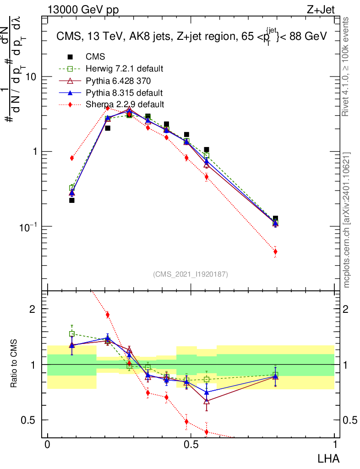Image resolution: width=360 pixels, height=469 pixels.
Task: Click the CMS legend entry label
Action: point(95,57)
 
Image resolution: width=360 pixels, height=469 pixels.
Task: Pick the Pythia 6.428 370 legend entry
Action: point(118,81)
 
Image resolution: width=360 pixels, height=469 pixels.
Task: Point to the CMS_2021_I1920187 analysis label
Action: point(191,274)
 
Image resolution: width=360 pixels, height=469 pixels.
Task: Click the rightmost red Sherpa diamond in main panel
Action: point(275,251)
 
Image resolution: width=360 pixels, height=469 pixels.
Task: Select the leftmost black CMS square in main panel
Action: point(72,200)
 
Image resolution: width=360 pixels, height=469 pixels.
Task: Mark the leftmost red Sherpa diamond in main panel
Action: point(72,158)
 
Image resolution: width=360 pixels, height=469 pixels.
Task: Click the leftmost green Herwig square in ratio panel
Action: point(72,334)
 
